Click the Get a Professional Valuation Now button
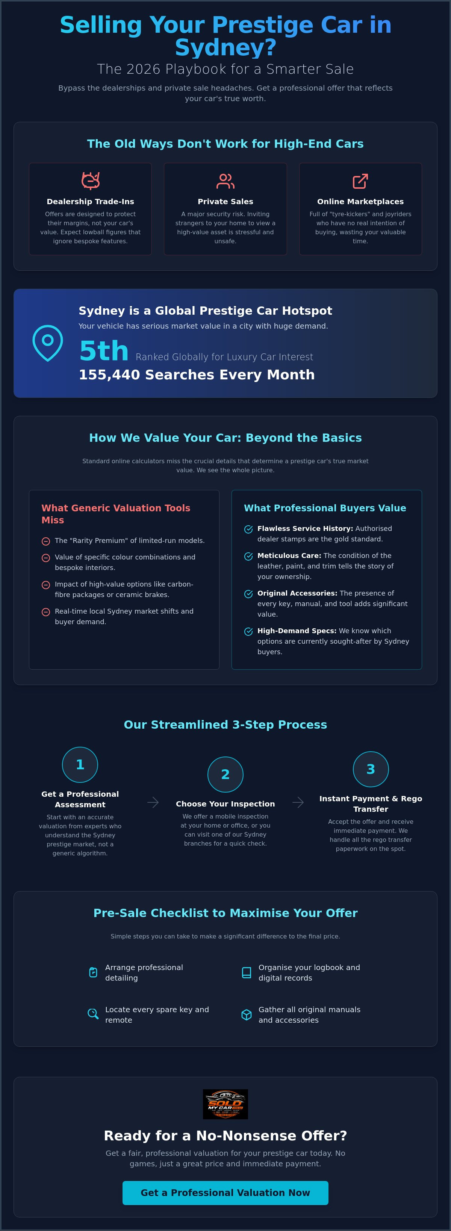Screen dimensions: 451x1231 coord(225,1193)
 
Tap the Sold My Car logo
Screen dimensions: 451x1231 coord(225,1104)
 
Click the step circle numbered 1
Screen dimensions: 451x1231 coord(80,765)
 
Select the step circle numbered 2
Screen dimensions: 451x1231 coord(225,774)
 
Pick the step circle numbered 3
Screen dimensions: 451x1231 coord(371,769)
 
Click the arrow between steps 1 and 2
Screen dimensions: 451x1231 coord(153,802)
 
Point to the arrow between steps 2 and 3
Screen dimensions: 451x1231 coord(298,802)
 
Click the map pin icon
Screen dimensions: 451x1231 coord(48,343)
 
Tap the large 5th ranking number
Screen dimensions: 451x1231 coord(104,351)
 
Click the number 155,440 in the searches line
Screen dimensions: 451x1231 coord(110,374)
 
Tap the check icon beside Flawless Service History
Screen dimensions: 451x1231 coord(248,529)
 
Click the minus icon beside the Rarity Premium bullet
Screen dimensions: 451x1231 coord(46,541)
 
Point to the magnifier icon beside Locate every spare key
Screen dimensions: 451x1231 coord(93,1014)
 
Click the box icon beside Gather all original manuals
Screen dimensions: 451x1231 coord(247,1014)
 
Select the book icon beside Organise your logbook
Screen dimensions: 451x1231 coord(247,972)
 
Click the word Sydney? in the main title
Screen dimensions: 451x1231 coord(225,47)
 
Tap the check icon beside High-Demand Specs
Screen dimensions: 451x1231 coord(248,631)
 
